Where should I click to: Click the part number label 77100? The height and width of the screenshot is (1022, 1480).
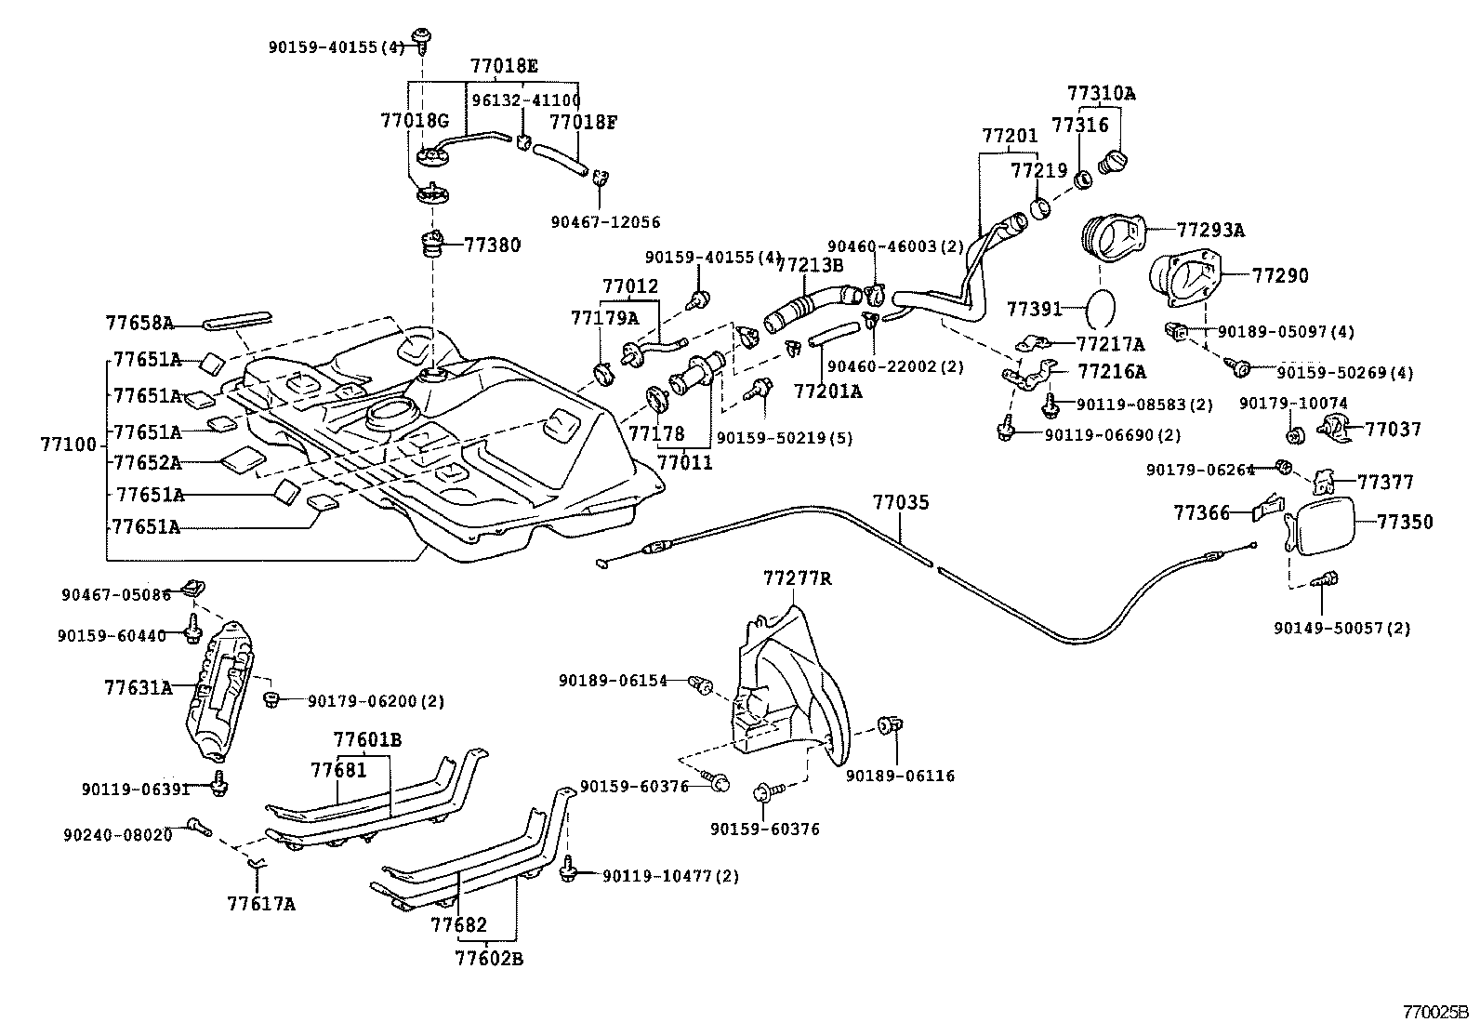[x=68, y=445]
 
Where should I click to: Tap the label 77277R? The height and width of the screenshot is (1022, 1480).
[x=797, y=578]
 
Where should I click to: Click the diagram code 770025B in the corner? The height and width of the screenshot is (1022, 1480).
[x=1434, y=1010]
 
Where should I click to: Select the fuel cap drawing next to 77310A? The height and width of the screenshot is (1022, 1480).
[x=1113, y=161]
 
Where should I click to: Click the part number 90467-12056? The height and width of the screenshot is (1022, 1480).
[x=605, y=222]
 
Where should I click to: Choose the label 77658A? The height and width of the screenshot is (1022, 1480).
[x=139, y=324]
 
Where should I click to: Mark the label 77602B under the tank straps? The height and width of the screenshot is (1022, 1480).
[x=489, y=959]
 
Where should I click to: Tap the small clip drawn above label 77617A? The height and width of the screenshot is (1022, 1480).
[x=258, y=865]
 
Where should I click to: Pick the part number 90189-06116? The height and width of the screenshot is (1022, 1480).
[x=900, y=776]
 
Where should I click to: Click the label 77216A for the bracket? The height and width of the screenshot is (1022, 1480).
[x=1112, y=372]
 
